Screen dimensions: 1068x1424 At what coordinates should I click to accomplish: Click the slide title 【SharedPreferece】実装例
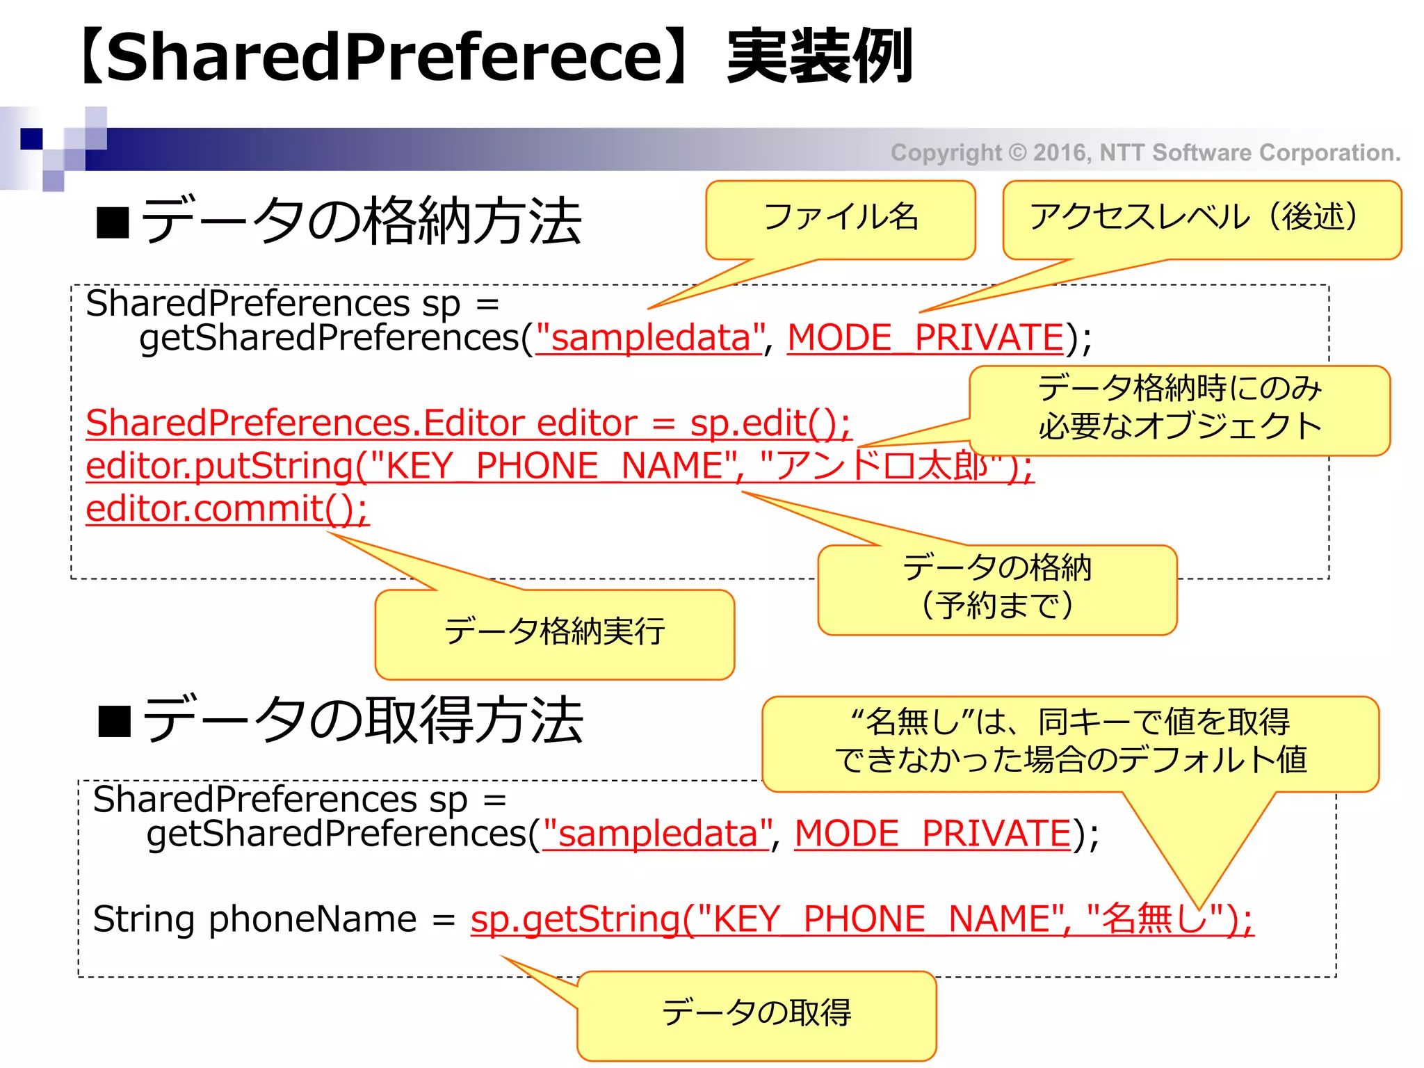[495, 57]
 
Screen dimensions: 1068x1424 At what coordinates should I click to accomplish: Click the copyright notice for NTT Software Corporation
[1145, 152]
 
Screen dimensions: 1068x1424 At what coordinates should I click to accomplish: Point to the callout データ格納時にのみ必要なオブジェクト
[1179, 408]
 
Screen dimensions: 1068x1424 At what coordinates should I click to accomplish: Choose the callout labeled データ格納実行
[554, 632]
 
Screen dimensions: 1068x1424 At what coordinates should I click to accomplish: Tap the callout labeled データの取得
[756, 1013]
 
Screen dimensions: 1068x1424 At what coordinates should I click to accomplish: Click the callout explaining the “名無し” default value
[1070, 742]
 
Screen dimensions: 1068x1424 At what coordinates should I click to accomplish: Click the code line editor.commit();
[227, 508]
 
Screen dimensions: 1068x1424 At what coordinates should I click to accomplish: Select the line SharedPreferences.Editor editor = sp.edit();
[467, 423]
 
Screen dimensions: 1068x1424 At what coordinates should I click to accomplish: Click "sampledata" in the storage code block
[649, 339]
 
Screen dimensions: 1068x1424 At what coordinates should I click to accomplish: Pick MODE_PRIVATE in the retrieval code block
[932, 834]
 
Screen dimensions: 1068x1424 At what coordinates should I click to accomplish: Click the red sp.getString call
[861, 919]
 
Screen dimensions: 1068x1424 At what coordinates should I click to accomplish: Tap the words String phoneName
[254, 919]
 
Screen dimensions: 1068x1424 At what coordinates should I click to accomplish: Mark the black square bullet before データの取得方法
[115, 721]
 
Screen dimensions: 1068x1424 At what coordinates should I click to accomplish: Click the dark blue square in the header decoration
[31, 138]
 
